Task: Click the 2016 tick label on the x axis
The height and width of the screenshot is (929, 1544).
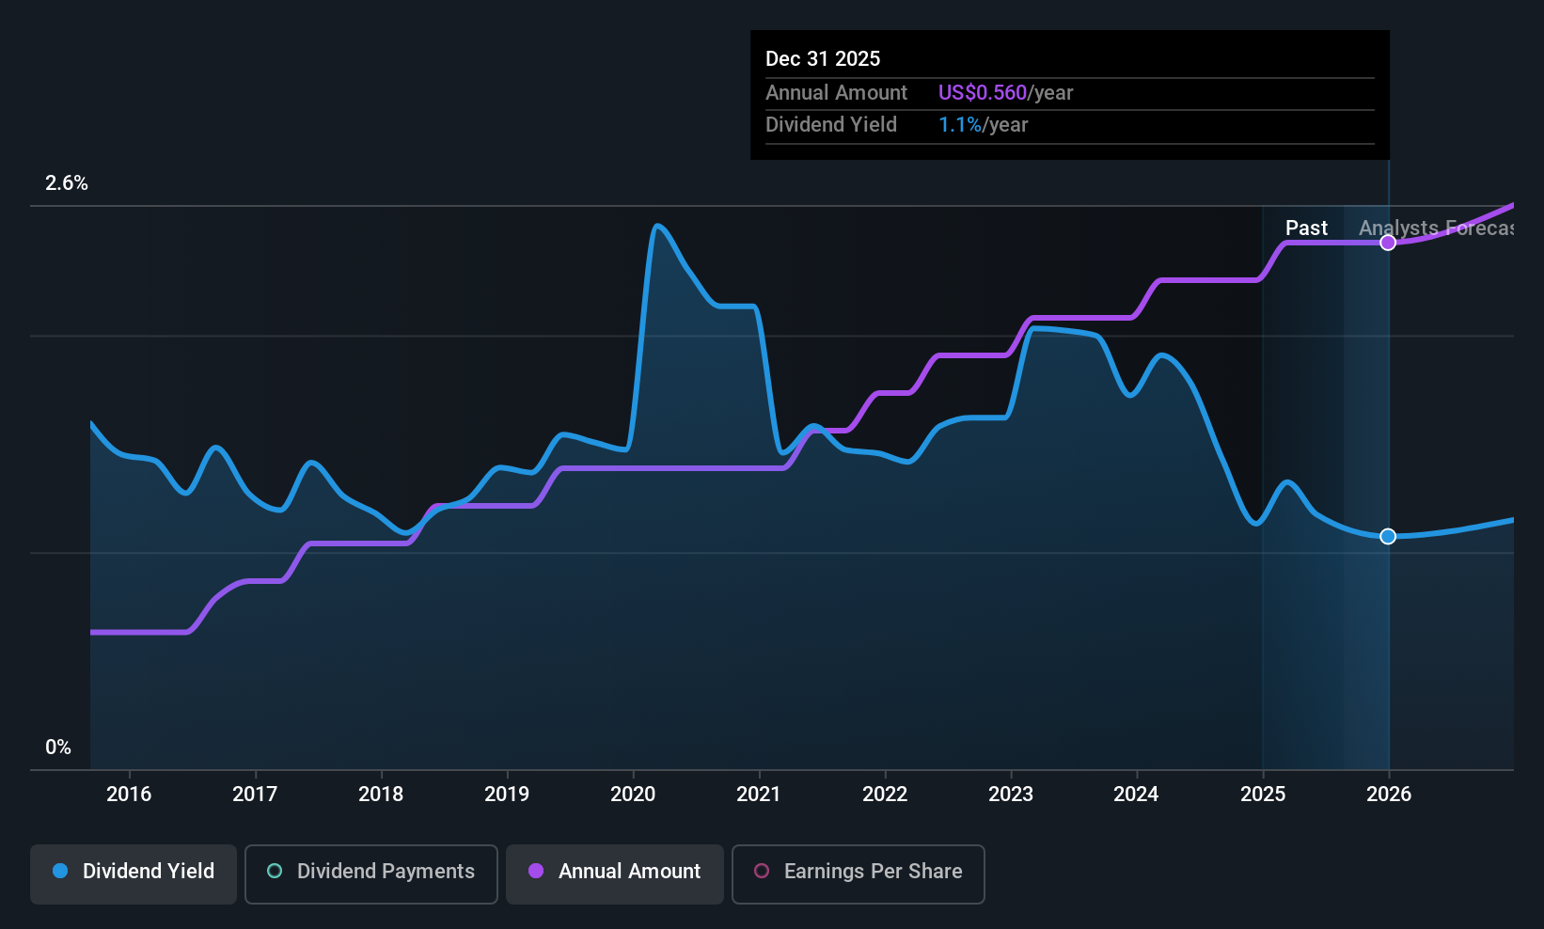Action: (129, 794)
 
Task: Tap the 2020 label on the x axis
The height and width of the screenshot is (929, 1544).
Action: (633, 794)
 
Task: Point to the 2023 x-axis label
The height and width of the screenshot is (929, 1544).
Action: (1011, 794)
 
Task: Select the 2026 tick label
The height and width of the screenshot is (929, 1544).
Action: (1389, 794)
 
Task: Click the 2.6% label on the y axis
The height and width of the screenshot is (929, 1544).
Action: (67, 183)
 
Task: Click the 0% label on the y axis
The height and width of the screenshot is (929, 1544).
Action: (58, 748)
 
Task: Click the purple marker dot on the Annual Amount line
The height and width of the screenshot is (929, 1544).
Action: (1388, 243)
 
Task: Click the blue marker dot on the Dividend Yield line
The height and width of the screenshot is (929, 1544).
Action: (1388, 536)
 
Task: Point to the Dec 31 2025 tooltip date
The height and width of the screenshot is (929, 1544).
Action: (823, 59)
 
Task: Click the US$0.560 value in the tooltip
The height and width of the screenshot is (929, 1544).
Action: (982, 93)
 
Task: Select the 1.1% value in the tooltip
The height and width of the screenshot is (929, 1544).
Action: (959, 125)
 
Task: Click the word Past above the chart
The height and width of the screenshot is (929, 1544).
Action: (1306, 228)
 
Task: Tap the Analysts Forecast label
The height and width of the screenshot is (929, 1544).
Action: (1435, 228)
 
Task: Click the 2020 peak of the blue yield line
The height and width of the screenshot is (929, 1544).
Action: (656, 226)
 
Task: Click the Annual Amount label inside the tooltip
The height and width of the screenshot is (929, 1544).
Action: (836, 93)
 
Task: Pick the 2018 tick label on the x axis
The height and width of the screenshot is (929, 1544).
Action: (381, 794)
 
